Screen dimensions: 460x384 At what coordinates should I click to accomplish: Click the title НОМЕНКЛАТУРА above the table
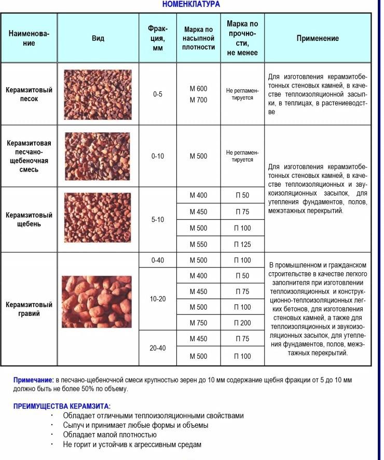pos(191,4)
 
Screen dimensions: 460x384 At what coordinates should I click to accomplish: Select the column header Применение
pos(318,38)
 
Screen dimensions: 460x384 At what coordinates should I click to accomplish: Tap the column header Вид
pos(98,38)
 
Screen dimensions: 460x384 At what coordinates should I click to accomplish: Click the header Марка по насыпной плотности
pos(198,38)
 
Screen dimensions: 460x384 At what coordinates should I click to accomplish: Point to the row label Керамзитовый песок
pos(29,94)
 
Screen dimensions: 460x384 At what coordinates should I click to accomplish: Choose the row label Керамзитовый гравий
pos(29,309)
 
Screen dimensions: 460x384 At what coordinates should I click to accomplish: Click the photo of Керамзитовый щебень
pos(98,219)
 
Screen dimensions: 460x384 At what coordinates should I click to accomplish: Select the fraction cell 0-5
pos(158,94)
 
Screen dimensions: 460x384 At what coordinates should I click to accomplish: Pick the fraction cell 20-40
pos(158,348)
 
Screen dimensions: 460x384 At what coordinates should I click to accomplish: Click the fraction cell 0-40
pos(158,260)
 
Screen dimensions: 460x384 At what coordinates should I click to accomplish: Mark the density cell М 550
pos(198,244)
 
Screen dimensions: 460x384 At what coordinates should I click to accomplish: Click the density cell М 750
pos(198,323)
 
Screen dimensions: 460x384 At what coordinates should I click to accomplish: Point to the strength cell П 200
pos(242,323)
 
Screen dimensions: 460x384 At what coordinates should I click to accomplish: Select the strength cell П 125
pos(242,244)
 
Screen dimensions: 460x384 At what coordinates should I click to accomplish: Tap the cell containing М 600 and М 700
pos(198,94)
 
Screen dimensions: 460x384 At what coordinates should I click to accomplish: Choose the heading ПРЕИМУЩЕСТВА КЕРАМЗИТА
pos(62,406)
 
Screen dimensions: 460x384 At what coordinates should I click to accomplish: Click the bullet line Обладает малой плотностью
pos(109,435)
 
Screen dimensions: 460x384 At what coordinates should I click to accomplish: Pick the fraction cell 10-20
pos(158,300)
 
